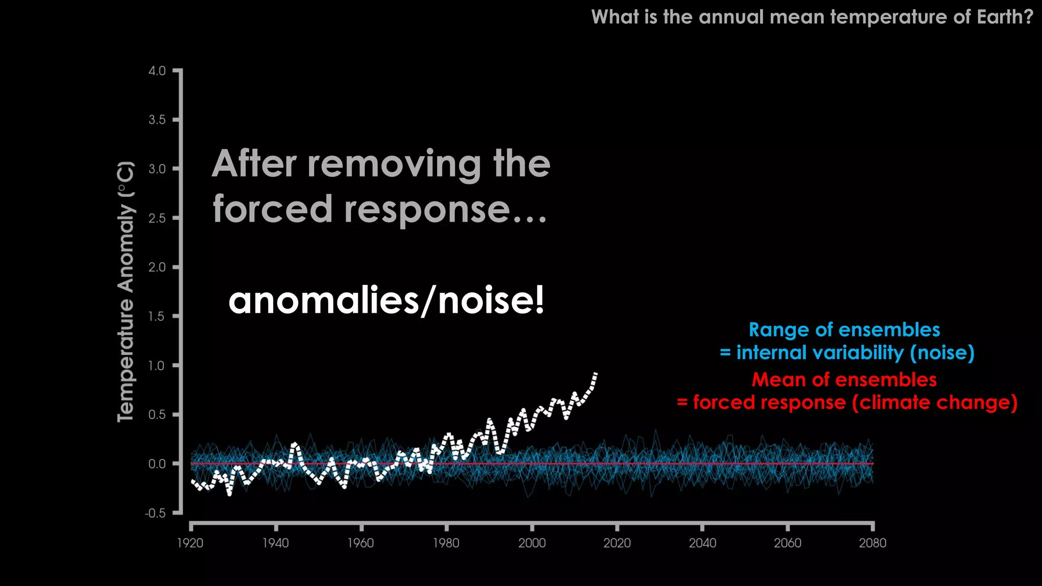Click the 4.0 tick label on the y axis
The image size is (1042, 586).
157,71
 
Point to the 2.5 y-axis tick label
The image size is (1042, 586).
157,218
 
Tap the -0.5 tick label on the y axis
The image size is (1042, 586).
155,513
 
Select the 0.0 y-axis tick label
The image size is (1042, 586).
157,464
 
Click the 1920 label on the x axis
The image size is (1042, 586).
190,543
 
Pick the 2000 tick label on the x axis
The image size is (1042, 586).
532,543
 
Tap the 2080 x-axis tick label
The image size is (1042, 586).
873,543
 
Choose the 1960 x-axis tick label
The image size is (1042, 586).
360,543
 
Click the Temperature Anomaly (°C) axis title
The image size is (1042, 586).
126,291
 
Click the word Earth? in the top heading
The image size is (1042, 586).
1005,17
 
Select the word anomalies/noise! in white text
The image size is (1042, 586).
386,300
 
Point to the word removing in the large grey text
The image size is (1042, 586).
395,164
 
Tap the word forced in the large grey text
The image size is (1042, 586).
273,209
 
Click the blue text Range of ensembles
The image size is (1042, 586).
844,330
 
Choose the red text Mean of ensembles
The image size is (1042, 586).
844,379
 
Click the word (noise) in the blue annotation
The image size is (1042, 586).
942,353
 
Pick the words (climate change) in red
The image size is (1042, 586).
935,402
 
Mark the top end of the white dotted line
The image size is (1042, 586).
595,373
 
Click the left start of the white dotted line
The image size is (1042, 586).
192,481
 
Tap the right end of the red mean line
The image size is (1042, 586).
873,464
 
